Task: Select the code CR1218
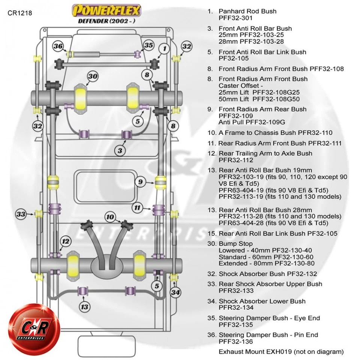coord(19,13)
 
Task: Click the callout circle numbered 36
coord(58,46)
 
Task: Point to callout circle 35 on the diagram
coord(148,45)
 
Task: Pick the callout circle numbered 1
coord(164,48)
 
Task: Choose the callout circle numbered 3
coord(120,151)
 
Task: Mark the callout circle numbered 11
coord(138,207)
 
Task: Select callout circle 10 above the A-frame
coord(109,217)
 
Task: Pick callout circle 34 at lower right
coord(175,292)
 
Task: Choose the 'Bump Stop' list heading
coord(235,244)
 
